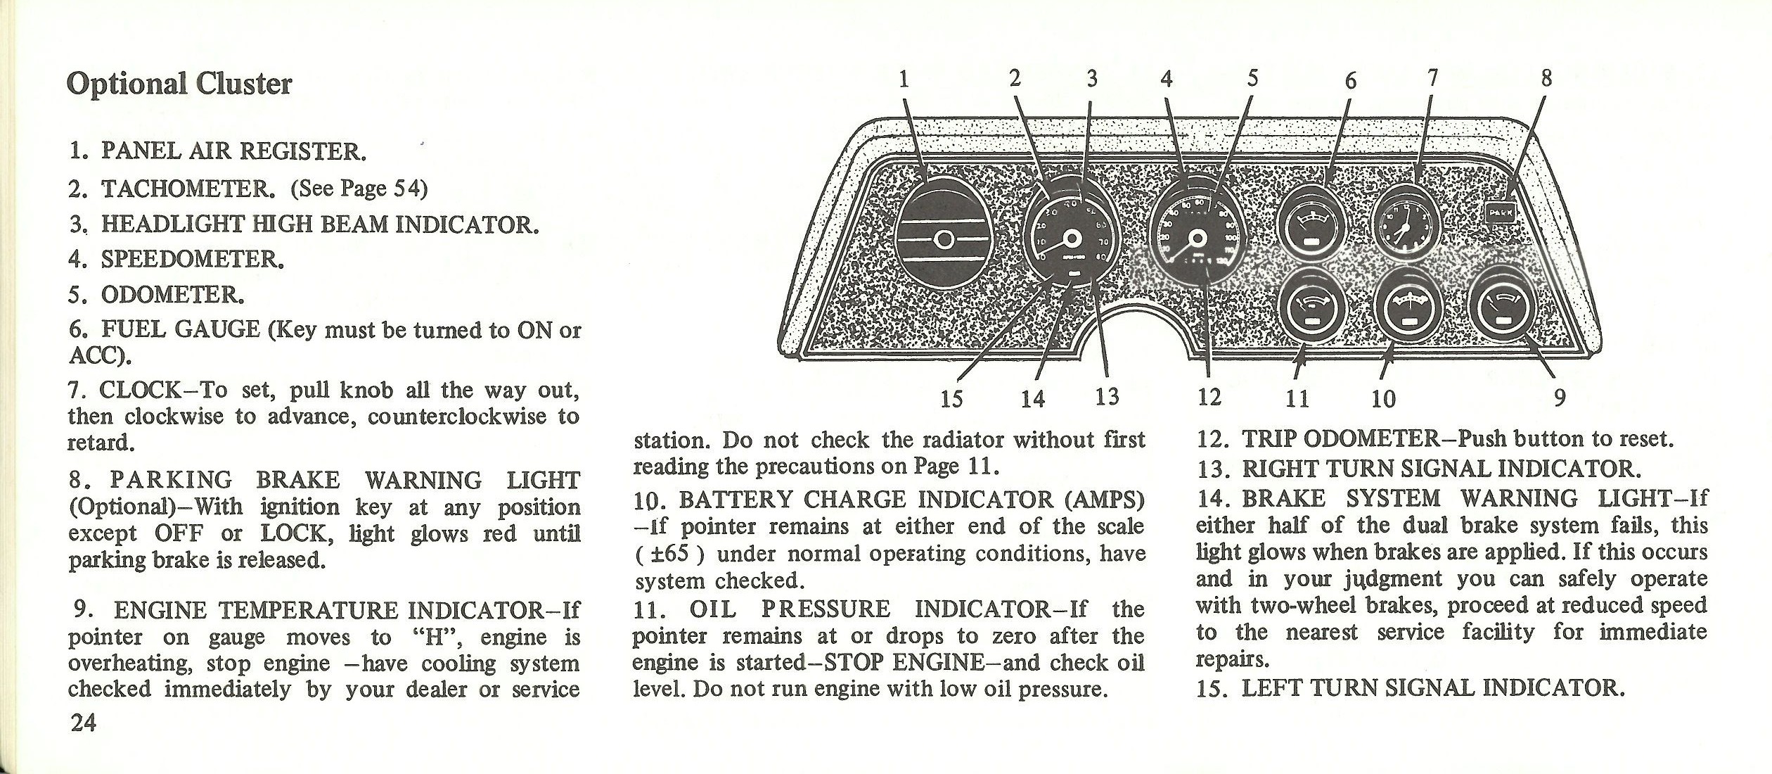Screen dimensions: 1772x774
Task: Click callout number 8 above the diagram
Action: pos(1546,78)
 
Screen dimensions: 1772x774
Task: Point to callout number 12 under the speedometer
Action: pos(1209,398)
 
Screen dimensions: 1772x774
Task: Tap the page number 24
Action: pos(83,723)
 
